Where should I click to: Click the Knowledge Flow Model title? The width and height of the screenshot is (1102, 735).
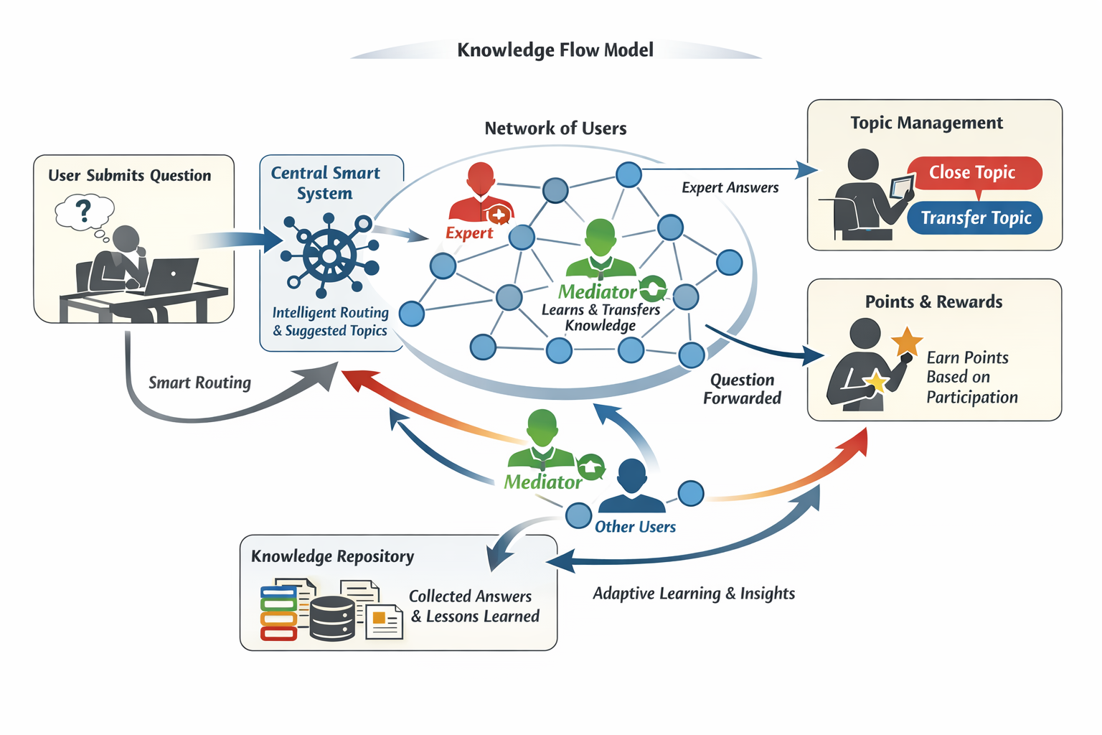[x=555, y=50]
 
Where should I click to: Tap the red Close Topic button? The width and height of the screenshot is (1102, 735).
[x=974, y=173]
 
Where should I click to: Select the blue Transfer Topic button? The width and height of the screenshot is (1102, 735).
[x=975, y=218]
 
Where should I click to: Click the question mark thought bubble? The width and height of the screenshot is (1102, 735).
[x=84, y=211]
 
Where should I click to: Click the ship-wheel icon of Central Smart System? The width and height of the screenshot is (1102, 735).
[x=329, y=256]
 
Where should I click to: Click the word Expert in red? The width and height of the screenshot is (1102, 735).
[x=469, y=233]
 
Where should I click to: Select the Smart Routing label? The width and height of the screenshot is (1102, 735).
[x=199, y=383]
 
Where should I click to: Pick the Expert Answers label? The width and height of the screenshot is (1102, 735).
[x=730, y=188]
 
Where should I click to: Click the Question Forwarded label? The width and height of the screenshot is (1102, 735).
[x=742, y=389]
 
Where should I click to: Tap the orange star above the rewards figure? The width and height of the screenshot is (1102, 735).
[x=907, y=341]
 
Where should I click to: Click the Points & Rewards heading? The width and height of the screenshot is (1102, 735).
[x=933, y=302]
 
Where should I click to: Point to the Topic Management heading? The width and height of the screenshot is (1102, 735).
[x=926, y=123]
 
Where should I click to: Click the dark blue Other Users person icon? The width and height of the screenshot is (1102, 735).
[x=631, y=487]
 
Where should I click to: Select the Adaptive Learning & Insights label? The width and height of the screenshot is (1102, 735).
[x=693, y=594]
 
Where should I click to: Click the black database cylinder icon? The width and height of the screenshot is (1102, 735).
[x=332, y=618]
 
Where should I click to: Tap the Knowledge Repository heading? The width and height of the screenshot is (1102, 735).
[x=332, y=557]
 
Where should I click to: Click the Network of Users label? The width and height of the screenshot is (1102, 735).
[x=555, y=128]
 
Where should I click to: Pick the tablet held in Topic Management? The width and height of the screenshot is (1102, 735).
[x=902, y=188]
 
